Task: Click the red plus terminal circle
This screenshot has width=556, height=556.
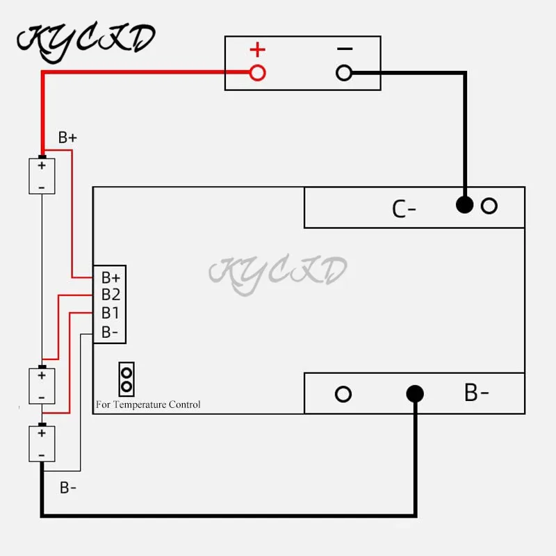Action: coord(257,72)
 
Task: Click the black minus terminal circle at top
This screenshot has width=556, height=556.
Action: coord(344,72)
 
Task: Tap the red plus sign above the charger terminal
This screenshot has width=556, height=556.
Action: coord(258,50)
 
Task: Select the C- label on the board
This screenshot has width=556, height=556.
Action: coord(404,208)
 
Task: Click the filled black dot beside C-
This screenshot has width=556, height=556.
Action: coord(464,206)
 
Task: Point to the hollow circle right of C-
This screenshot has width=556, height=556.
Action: coord(489,206)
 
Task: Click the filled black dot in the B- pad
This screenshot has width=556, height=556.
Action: coord(415,394)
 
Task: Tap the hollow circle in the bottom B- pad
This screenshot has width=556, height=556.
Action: coord(343,394)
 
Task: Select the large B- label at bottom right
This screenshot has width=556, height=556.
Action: coord(477,393)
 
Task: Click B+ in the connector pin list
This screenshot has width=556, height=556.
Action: coord(111,277)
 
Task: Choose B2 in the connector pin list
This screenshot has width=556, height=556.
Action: coord(111,295)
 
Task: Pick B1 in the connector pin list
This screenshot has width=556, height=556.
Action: coord(111,313)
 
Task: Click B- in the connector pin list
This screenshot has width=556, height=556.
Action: coord(111,332)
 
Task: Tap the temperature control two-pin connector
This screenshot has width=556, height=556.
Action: coord(126,378)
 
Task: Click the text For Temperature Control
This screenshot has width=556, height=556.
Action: coord(148,404)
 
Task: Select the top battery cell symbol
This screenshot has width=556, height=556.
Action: coord(42,177)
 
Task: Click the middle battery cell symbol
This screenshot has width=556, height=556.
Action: coord(42,385)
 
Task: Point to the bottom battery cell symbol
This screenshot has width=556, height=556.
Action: coord(42,443)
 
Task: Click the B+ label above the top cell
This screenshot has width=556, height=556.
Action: coord(67,138)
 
